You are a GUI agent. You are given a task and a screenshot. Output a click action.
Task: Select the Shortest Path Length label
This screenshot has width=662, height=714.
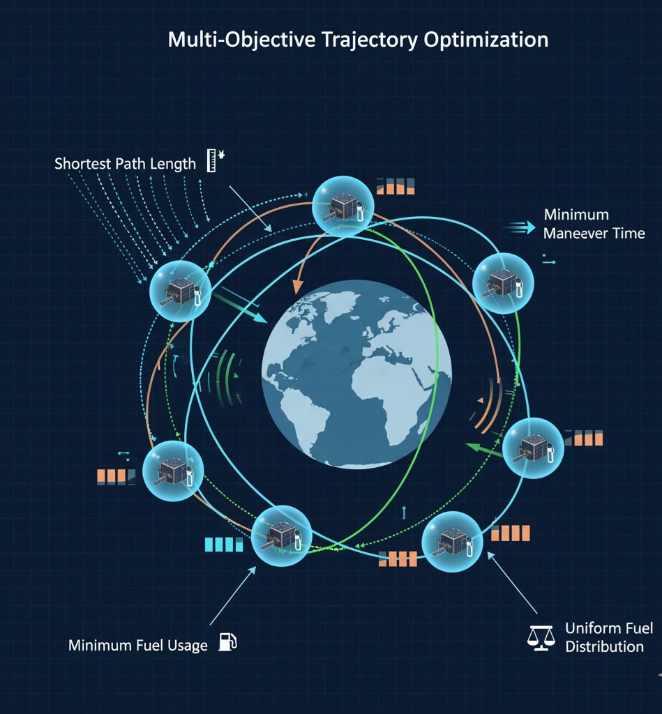(x=125, y=165)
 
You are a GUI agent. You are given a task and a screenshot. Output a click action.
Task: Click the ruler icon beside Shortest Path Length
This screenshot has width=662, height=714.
(x=211, y=161)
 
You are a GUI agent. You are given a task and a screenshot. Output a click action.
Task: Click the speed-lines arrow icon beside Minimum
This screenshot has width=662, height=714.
(x=523, y=225)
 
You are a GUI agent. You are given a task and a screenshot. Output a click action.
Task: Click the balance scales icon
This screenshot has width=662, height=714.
(x=541, y=637)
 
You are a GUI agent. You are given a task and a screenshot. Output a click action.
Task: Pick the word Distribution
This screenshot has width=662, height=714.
(x=604, y=646)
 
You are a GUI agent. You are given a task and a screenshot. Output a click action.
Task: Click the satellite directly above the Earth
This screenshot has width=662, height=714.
(x=343, y=206)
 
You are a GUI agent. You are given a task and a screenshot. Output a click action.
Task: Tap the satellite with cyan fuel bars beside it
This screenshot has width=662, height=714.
(x=280, y=535)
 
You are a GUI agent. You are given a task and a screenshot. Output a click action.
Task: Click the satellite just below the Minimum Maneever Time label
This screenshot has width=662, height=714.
(x=503, y=283)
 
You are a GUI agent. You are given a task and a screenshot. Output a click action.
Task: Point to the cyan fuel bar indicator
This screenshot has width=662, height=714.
(x=223, y=544)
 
